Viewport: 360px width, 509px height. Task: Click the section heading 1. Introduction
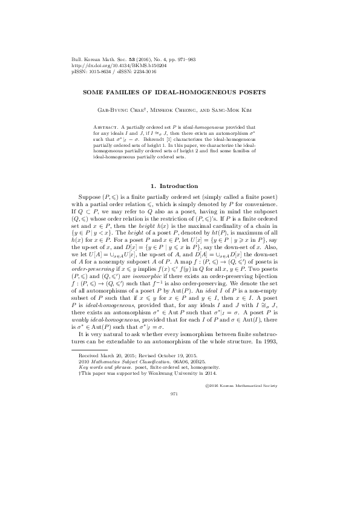(180, 185)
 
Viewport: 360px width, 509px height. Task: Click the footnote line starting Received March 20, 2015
(115, 358)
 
